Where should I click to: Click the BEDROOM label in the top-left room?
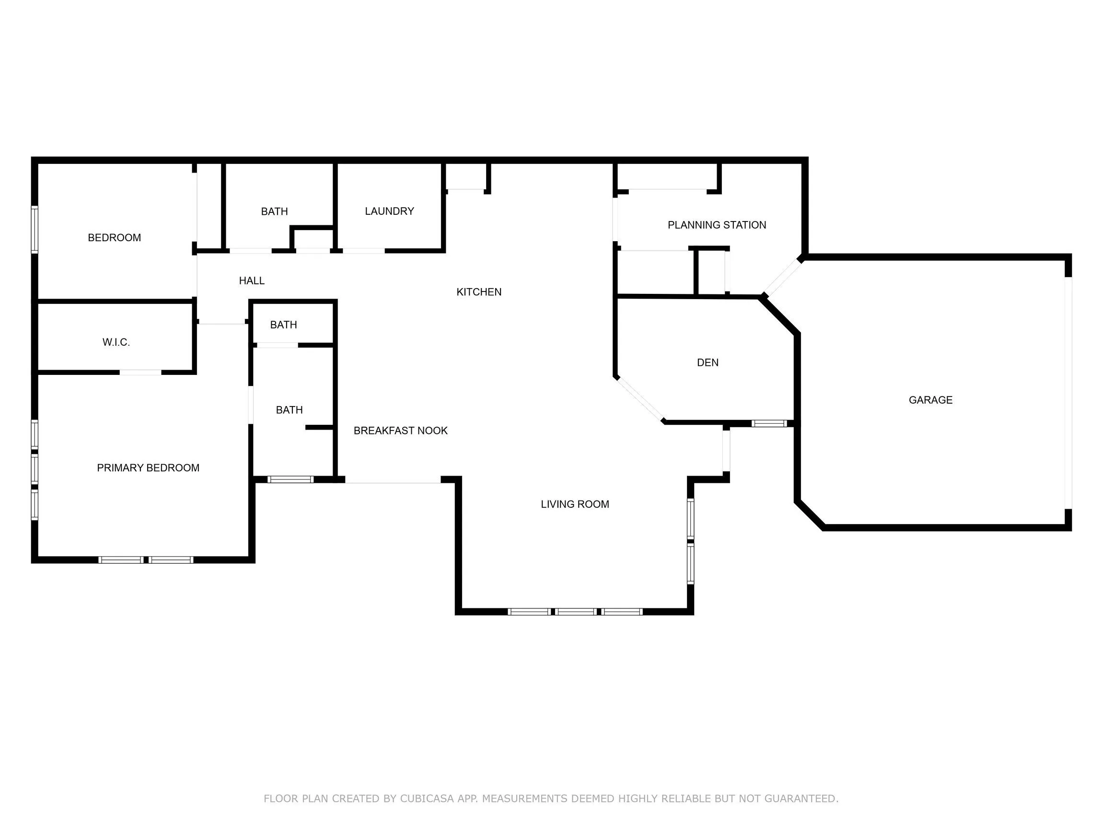click(x=114, y=238)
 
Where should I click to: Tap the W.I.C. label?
click(x=116, y=342)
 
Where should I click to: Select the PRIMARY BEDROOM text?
click(x=148, y=468)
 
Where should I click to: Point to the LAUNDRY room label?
click(x=389, y=211)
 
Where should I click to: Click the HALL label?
click(x=252, y=281)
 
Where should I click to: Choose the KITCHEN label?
click(x=479, y=292)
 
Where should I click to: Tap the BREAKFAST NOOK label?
click(x=400, y=431)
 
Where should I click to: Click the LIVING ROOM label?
click(x=575, y=504)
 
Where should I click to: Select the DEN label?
click(x=708, y=362)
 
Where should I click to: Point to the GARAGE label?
click(x=930, y=400)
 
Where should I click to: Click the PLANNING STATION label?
click(x=717, y=225)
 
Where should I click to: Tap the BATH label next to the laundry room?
click(x=274, y=211)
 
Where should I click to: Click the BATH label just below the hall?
click(x=283, y=325)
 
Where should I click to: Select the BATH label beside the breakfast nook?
click(x=289, y=410)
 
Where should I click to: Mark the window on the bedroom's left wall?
click(x=35, y=230)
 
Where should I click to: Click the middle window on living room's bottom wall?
click(x=575, y=612)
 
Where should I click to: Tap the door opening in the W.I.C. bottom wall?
click(x=140, y=372)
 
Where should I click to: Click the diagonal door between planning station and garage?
click(x=782, y=277)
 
